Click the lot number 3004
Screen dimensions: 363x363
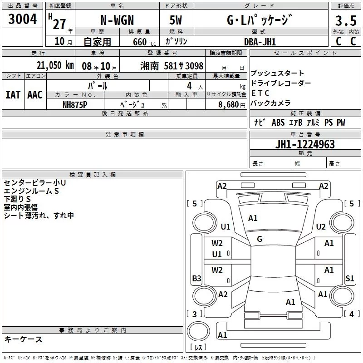tap(22, 19)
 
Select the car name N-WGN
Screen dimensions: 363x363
tap(117, 21)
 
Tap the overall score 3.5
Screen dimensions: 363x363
tap(345, 21)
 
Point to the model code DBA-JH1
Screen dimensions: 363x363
tap(260, 41)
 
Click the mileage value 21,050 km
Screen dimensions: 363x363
tap(53, 65)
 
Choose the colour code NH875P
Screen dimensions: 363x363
tap(75, 104)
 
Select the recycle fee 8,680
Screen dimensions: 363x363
tap(226, 104)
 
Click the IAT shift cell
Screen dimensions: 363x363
tap(13, 94)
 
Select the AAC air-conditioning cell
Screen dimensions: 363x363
tap(34, 94)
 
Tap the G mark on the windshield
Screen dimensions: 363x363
tap(260, 239)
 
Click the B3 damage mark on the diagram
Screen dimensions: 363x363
tap(196, 278)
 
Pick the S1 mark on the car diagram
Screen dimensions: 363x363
tap(349, 278)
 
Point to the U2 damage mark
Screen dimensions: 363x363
tap(321, 226)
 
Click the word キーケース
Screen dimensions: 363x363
tap(24, 339)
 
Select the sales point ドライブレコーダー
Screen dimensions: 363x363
tap(280, 83)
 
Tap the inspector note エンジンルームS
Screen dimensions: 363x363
tap(31, 191)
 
